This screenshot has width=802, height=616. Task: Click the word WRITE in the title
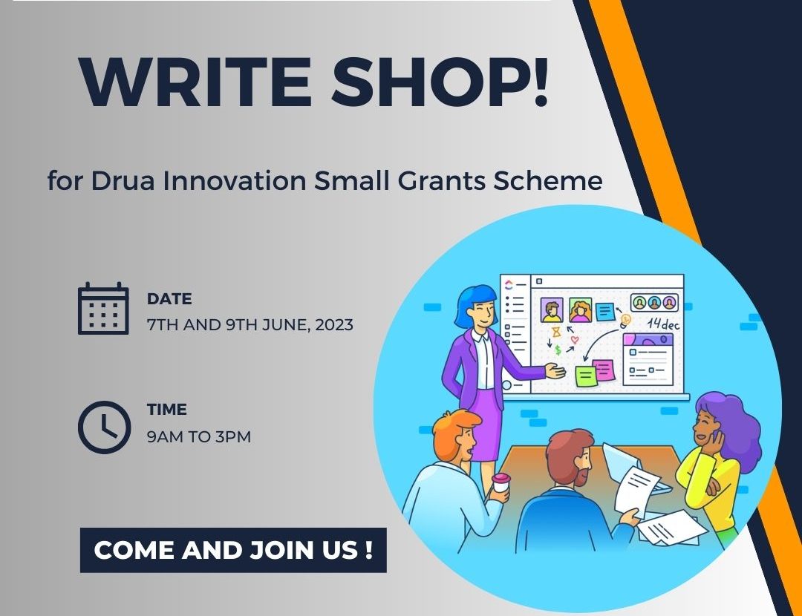(x=195, y=82)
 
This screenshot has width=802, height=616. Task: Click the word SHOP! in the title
(x=440, y=82)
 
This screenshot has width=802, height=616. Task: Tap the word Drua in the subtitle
(x=123, y=180)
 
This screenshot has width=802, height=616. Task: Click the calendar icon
(x=103, y=308)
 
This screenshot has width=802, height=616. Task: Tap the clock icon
(x=105, y=427)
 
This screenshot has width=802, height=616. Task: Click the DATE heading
(x=169, y=298)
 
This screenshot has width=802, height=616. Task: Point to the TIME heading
(x=167, y=410)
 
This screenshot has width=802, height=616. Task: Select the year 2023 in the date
(x=334, y=325)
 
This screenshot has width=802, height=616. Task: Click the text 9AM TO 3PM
(x=199, y=437)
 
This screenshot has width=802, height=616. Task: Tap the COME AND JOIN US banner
(x=233, y=550)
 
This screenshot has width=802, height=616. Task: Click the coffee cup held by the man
(x=501, y=484)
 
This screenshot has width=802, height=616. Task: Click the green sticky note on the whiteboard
(x=586, y=376)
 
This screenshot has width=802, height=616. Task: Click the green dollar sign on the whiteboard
(x=558, y=350)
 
